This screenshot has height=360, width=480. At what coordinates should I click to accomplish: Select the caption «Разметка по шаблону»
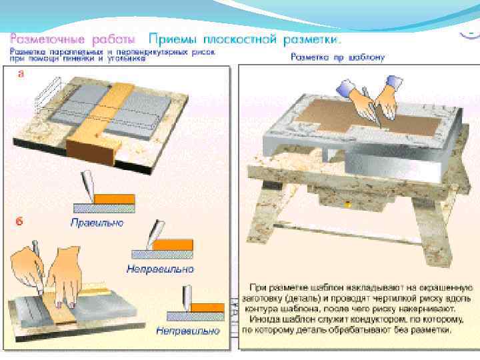[x=337, y=57]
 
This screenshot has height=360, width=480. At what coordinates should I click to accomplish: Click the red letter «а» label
[x=21, y=75]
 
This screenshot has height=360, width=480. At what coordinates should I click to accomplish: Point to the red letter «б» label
[x=20, y=221]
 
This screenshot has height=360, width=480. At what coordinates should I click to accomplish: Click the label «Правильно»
[x=97, y=222]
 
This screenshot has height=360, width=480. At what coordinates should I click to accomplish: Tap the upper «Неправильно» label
[x=160, y=269]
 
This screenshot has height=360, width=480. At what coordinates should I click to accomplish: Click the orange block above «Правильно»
[x=114, y=199]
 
